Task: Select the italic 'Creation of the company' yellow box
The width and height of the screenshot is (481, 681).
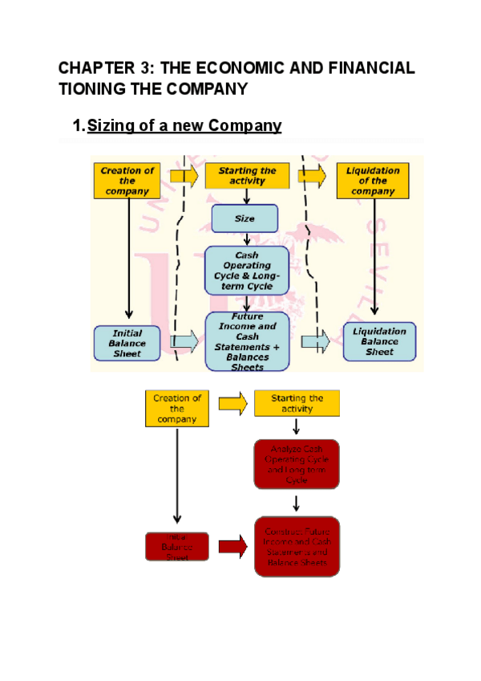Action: (x=127, y=181)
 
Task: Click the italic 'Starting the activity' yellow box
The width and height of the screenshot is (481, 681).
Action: (x=246, y=176)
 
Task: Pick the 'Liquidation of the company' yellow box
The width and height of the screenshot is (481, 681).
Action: (x=372, y=181)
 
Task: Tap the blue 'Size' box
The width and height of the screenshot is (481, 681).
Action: (x=245, y=218)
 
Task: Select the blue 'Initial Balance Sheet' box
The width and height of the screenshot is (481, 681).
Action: (x=127, y=343)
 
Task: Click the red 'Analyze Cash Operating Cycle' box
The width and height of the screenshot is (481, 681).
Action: (x=297, y=464)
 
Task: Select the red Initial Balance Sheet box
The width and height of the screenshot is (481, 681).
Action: (x=176, y=547)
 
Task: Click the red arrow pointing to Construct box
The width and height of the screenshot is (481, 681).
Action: (x=232, y=548)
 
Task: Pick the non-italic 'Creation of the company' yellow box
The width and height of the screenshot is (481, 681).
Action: (x=176, y=409)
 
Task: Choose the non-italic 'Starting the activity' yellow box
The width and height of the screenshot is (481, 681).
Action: (x=297, y=404)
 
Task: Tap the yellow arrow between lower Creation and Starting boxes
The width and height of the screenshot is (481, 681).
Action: (x=232, y=404)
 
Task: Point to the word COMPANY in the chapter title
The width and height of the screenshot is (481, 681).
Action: (x=208, y=88)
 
